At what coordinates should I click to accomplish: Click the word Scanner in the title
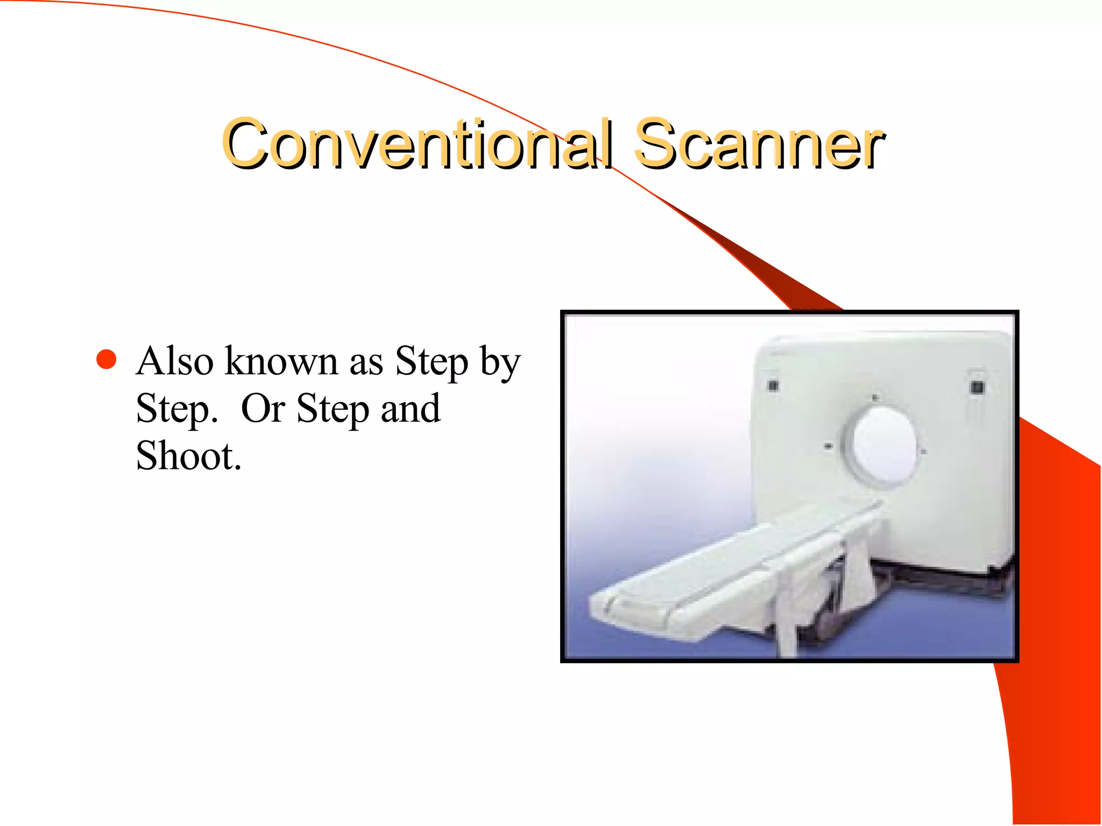coord(759,144)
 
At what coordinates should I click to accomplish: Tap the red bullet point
coord(107,360)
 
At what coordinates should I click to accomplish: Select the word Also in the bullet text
coord(175,361)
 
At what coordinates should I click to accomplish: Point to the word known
coord(281,361)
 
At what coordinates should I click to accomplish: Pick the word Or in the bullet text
coord(263,409)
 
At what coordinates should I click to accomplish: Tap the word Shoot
coord(188,456)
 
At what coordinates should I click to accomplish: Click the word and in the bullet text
coord(411,409)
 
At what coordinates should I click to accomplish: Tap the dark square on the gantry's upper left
coord(773,385)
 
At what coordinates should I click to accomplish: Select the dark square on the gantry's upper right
coord(978,387)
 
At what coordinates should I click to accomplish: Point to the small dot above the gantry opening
coord(874,398)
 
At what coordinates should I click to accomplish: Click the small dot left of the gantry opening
coord(828,446)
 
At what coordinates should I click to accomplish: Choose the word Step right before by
coord(432,362)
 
